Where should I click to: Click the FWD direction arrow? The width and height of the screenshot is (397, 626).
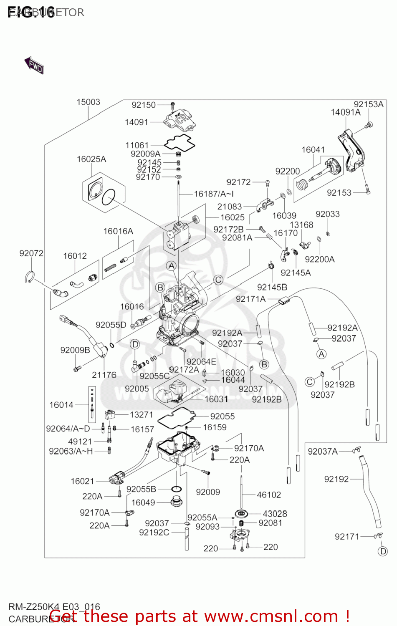pyautogui.click(x=34, y=65)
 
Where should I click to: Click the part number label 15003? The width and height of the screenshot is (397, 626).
pyautogui.click(x=88, y=102)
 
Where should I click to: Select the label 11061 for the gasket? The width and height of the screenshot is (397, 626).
pyautogui.click(x=137, y=145)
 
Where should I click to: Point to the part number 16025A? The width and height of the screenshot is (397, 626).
pyautogui.click(x=91, y=159)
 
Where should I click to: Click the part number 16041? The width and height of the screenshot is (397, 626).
pyautogui.click(x=313, y=150)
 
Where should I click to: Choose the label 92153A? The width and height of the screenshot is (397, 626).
pyautogui.click(x=368, y=104)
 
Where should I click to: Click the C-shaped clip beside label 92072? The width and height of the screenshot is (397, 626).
pyautogui.click(x=29, y=276)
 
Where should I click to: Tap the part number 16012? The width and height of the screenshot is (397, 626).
pyautogui.click(x=75, y=256)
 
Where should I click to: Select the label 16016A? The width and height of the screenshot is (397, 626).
pyautogui.click(x=118, y=231)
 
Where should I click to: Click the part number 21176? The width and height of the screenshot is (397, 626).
pyautogui.click(x=104, y=375)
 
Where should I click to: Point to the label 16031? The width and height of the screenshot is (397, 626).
pyautogui.click(x=216, y=399)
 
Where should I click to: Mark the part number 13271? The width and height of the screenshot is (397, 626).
pyautogui.click(x=142, y=414)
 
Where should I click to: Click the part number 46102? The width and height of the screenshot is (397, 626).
pyautogui.click(x=269, y=495)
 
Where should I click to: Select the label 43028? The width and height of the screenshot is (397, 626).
pyautogui.click(x=275, y=514)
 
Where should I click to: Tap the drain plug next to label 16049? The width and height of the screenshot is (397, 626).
pyautogui.click(x=176, y=500)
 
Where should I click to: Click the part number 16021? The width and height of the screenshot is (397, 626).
pyautogui.click(x=82, y=481)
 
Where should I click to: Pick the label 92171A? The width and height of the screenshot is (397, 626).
pyautogui.click(x=250, y=299)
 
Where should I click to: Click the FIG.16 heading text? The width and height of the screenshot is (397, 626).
pyautogui.click(x=31, y=13)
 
